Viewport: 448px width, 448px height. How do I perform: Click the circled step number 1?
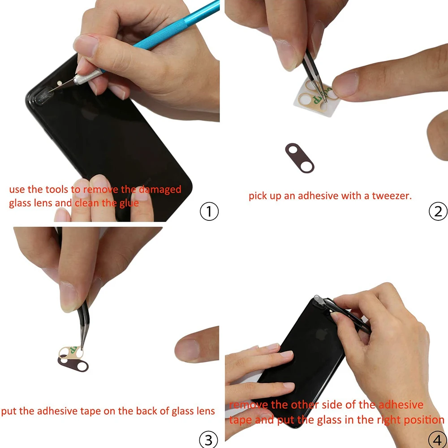209,211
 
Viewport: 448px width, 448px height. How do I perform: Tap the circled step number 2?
438,211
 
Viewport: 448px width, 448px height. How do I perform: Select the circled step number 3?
209,439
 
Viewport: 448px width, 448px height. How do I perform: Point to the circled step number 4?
438,439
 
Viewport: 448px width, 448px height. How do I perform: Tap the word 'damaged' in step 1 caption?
160,189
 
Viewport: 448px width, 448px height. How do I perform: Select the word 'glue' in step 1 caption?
129,203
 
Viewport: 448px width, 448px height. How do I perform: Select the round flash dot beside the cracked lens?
60,83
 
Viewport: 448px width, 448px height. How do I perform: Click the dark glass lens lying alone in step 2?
299,158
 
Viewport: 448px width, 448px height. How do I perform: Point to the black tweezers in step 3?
83,326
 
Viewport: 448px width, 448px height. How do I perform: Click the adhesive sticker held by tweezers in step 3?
71,353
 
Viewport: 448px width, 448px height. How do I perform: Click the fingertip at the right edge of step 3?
197,345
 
